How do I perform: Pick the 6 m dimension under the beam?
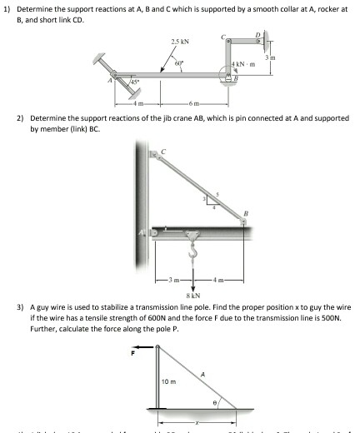pos(195,103)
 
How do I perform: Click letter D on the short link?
pos(257,34)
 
